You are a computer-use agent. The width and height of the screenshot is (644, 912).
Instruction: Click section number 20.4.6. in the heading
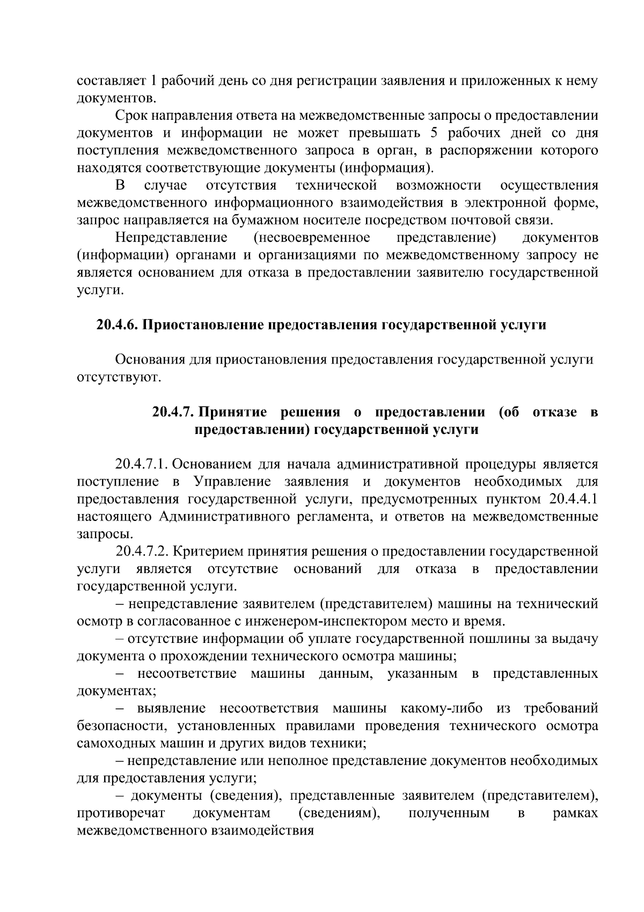tap(118, 325)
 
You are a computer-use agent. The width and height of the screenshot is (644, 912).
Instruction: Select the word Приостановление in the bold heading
tap(203, 325)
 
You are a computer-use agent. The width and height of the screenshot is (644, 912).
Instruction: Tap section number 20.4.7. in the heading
tap(174, 412)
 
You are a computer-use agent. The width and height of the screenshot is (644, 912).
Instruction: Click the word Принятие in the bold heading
tap(235, 412)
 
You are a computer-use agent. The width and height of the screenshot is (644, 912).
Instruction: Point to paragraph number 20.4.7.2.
tap(142, 551)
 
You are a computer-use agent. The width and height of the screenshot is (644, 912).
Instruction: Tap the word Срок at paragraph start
tap(129, 115)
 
